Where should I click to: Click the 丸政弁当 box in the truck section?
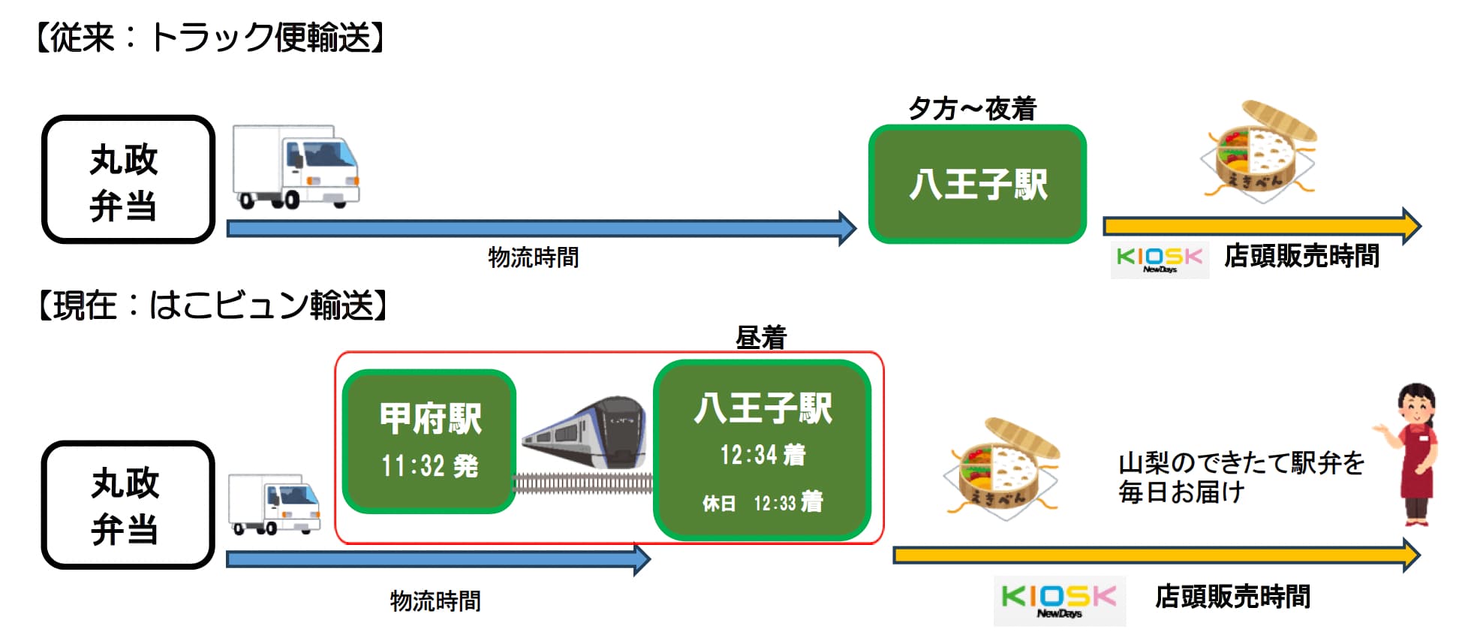point(128,179)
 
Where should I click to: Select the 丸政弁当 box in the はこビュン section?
point(128,504)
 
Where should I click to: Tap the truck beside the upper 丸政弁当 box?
point(296,167)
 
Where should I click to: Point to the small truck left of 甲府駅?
point(274,504)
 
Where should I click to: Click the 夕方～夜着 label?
point(972,109)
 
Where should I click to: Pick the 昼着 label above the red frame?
point(761,338)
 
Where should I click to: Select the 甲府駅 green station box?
point(429,441)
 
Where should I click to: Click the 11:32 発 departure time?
point(429,466)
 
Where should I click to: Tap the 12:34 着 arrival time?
point(763,455)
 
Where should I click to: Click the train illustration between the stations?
point(584,434)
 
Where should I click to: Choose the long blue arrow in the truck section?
point(541,228)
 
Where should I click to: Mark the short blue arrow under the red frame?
point(438,559)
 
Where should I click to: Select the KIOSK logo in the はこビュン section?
point(1059,600)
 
